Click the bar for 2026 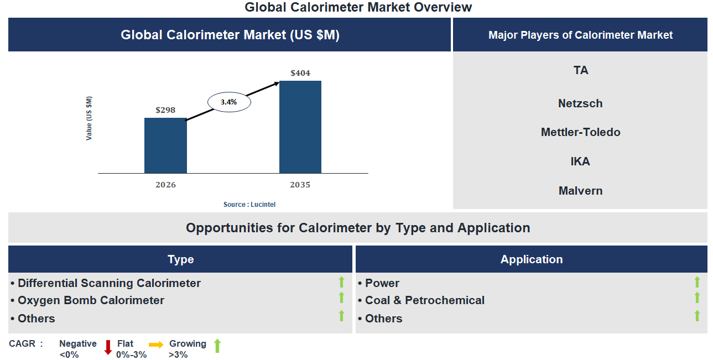click(x=165, y=145)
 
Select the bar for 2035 click(x=300, y=127)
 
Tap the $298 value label click(x=165, y=110)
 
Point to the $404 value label click(x=300, y=73)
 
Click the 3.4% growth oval click(x=229, y=102)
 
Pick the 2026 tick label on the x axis click(x=165, y=185)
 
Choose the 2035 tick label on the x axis click(x=300, y=185)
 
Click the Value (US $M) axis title click(x=89, y=118)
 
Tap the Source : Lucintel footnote click(x=249, y=205)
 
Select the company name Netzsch click(x=580, y=103)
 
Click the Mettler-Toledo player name click(x=580, y=132)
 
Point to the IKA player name click(x=580, y=161)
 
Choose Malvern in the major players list click(x=580, y=191)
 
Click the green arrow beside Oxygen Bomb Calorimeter click(x=341, y=298)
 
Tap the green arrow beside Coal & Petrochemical click(x=697, y=298)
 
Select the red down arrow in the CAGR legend click(x=108, y=347)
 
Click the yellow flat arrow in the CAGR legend click(x=156, y=345)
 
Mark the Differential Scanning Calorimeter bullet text click(x=109, y=283)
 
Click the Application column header click(x=532, y=259)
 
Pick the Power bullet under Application click(x=382, y=283)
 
